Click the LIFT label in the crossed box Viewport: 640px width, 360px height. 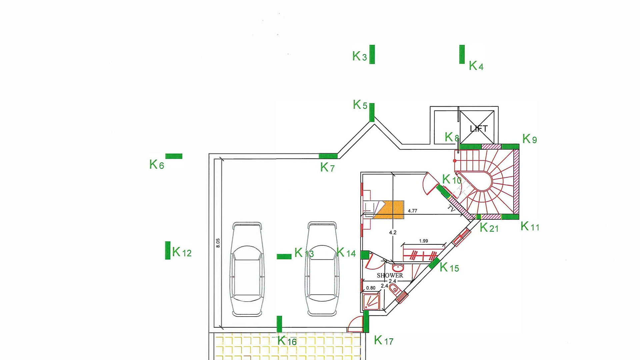[479, 129]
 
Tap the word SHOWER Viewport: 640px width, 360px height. [390, 275]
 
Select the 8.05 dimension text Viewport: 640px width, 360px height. [218, 243]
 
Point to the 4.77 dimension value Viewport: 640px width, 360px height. [412, 211]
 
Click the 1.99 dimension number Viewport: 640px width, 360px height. [423, 241]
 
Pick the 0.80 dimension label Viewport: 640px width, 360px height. [371, 288]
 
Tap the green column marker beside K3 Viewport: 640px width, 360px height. [372, 54]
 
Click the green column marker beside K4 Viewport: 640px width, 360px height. [462, 54]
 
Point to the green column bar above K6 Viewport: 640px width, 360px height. [174, 156]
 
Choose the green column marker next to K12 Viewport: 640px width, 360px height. [168, 250]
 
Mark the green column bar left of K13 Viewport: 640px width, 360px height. [284, 256]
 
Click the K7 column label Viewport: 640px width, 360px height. [327, 167]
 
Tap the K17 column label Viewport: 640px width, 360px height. [384, 340]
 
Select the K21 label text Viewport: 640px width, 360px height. [489, 228]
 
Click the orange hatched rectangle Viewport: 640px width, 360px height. [389, 210]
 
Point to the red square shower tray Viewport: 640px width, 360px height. [371, 301]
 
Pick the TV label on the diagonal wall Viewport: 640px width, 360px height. [451, 209]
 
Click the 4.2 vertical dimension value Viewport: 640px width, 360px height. [393, 232]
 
